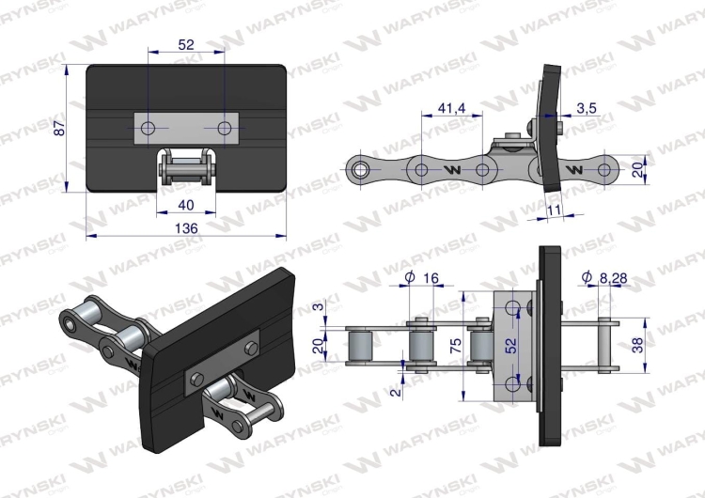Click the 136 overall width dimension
coord(185,227)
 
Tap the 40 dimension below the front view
coord(185,205)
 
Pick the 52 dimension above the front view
coord(185,44)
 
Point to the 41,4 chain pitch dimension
coord(452,109)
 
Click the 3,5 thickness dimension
coord(587,109)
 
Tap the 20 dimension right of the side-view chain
coord(637,170)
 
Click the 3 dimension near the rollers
coord(318,307)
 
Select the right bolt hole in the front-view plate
coord(224,127)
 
